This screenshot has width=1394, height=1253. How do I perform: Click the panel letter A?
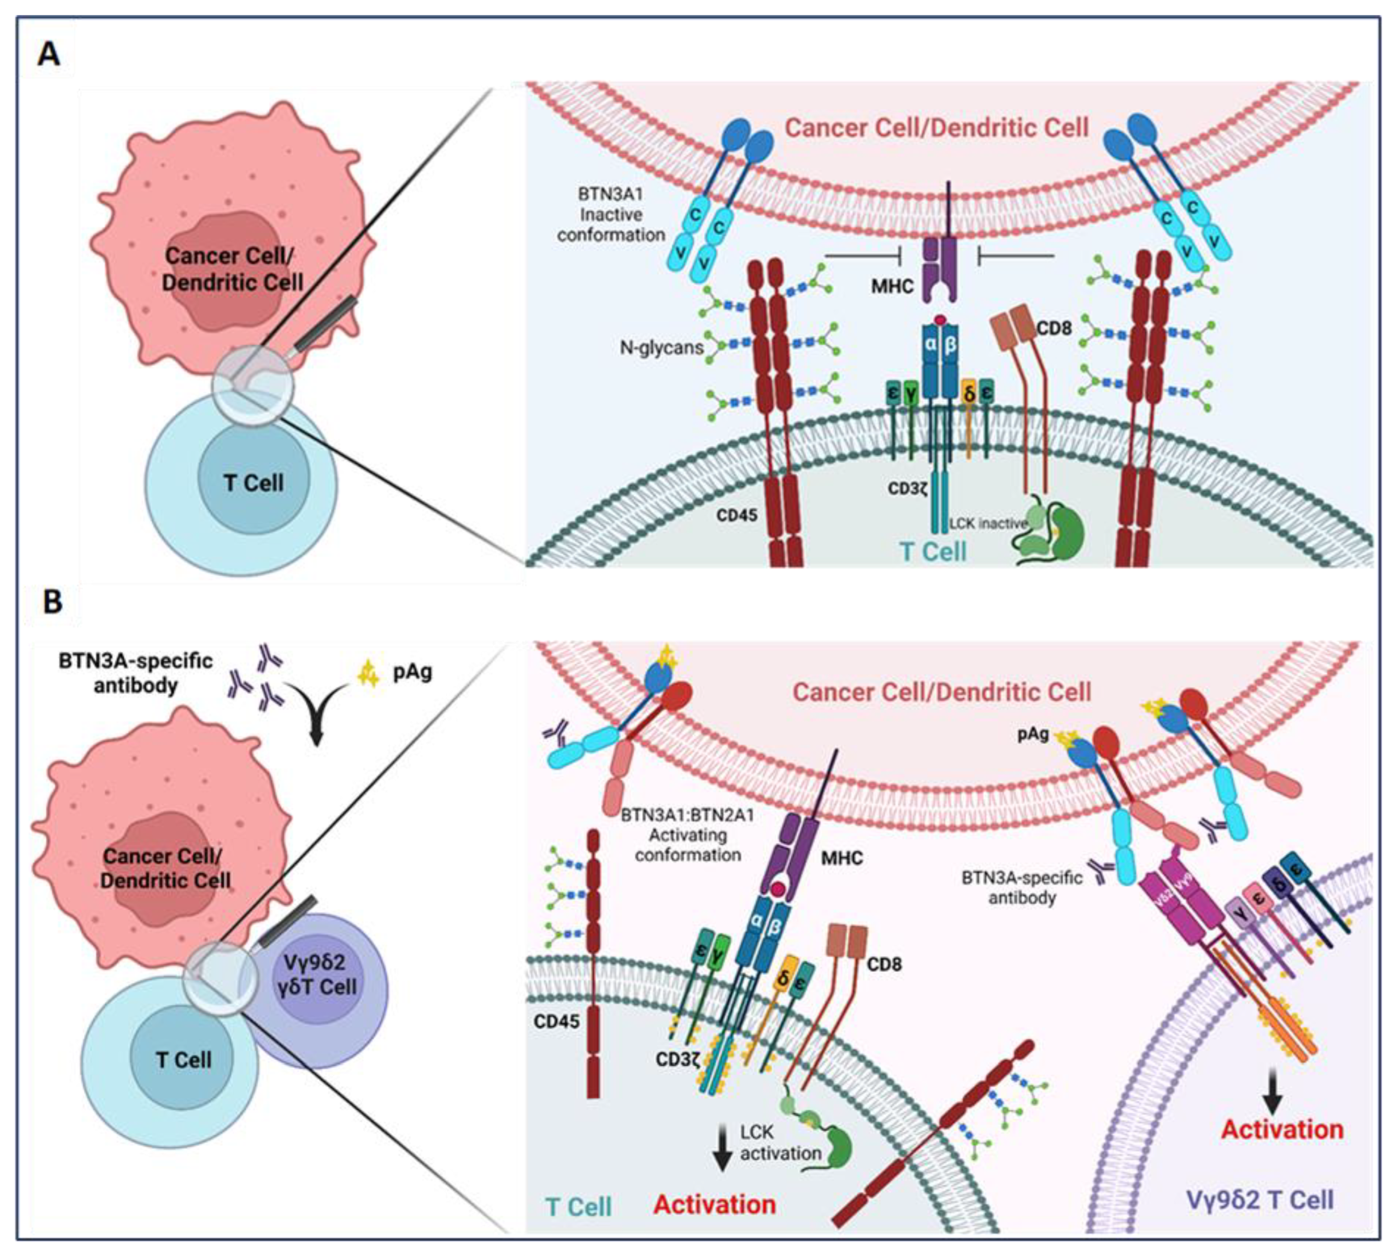[48, 53]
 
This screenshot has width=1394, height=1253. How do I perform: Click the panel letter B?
[52, 601]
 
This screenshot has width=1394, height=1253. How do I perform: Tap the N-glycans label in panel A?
[661, 348]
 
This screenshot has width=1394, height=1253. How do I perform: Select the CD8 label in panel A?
[1054, 329]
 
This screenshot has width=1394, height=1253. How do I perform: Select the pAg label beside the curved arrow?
[412, 671]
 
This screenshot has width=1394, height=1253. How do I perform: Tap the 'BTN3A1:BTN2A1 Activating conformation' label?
[687, 835]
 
